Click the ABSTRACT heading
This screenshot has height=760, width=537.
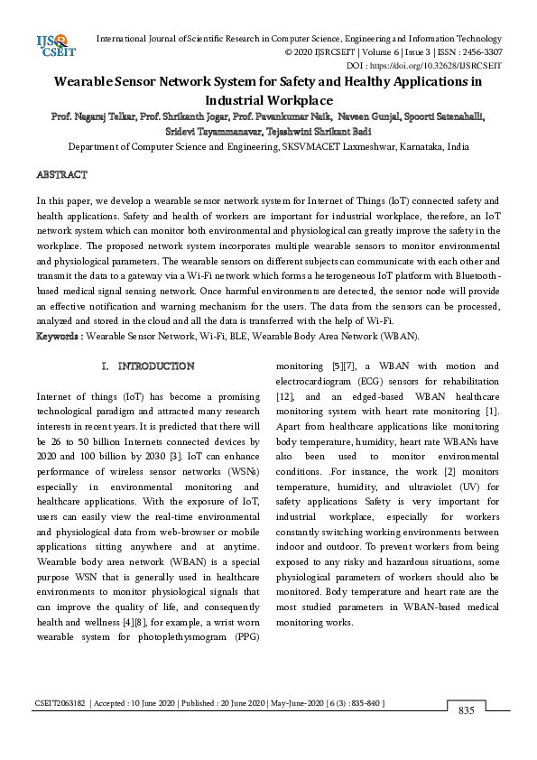coord(61,173)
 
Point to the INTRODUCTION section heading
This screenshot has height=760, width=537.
coord(155,366)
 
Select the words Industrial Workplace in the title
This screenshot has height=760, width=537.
coord(268,99)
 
